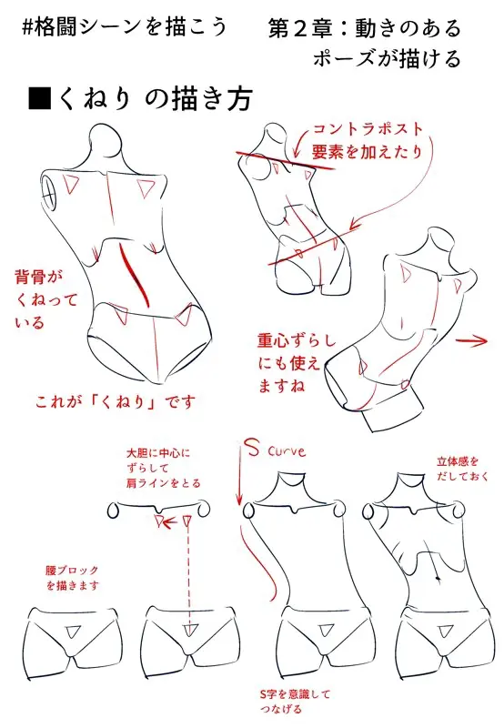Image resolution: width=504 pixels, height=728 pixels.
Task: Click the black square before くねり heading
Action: tap(39, 97)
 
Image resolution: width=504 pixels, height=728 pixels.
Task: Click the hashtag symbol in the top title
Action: tap(28, 26)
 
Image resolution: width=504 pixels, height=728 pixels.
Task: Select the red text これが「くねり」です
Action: tap(116, 401)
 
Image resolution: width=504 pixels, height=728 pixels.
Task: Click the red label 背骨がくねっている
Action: tap(45, 299)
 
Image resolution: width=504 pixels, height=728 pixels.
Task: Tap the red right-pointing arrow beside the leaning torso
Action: tap(471, 342)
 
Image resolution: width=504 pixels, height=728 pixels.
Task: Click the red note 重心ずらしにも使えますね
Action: tap(297, 362)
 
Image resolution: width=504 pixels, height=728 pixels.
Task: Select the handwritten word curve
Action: tap(287, 450)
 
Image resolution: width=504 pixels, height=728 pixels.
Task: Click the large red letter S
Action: tap(252, 448)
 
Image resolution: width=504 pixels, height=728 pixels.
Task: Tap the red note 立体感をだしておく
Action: tap(462, 469)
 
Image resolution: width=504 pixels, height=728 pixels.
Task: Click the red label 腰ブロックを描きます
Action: tap(73, 578)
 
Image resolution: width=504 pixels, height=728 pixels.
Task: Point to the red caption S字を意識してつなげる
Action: tap(295, 701)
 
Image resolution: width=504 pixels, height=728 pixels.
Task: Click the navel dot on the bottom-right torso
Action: tap(438, 578)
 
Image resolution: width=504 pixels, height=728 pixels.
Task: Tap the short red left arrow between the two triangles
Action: tap(171, 521)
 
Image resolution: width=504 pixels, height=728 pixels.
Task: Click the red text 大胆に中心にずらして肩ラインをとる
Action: tap(164, 468)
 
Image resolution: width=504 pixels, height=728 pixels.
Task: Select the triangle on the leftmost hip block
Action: tap(74, 632)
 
